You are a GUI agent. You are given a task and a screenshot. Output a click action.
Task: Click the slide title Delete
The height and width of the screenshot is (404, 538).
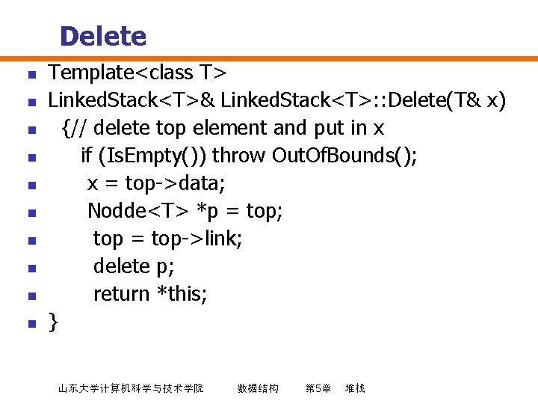click(102, 36)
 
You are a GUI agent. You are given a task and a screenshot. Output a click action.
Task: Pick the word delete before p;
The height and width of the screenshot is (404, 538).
click(122, 266)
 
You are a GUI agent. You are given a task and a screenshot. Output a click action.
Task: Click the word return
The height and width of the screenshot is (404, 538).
click(121, 294)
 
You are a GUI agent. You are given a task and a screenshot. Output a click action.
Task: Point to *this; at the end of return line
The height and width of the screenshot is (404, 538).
click(182, 294)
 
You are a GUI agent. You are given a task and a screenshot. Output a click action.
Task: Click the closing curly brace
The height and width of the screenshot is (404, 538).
click(53, 322)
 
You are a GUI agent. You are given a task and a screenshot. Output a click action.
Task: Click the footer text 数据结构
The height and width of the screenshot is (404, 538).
click(258, 388)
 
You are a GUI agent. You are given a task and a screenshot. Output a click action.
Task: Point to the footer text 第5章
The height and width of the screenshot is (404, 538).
click(318, 388)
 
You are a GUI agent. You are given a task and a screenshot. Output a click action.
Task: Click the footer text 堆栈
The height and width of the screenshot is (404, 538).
click(355, 388)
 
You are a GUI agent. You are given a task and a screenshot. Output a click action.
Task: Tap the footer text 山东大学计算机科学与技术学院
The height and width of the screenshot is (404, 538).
click(131, 388)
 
